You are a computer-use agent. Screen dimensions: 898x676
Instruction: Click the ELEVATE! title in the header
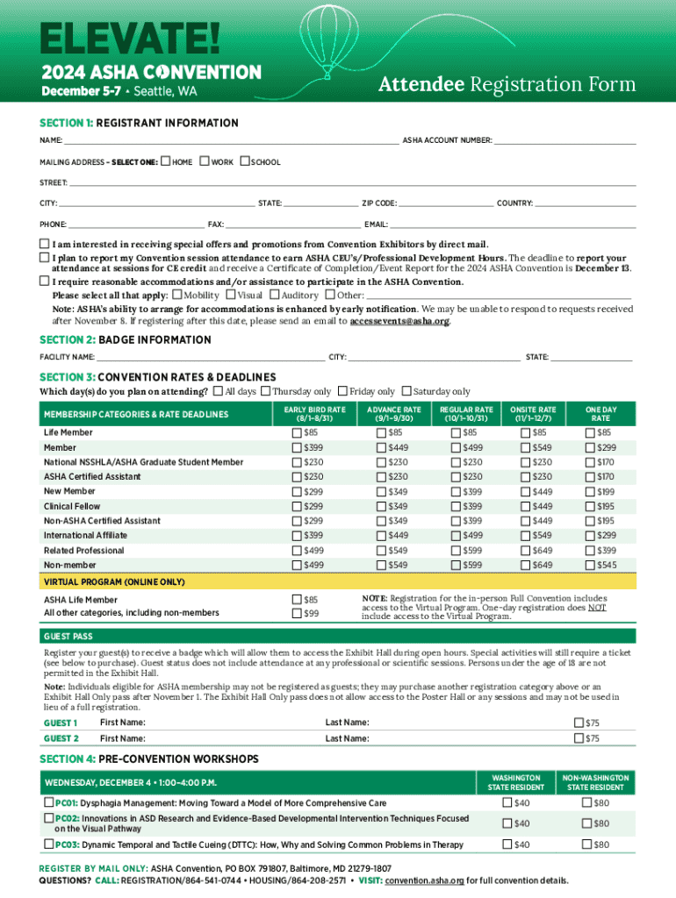(118, 38)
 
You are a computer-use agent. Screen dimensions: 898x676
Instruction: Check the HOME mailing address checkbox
(166, 162)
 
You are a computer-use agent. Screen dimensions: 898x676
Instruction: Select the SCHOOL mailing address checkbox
(246, 162)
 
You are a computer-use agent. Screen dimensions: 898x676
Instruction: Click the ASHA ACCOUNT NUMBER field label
(447, 140)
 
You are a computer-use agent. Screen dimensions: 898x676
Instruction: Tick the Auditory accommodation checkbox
(275, 296)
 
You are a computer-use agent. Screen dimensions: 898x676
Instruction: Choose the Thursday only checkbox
(266, 391)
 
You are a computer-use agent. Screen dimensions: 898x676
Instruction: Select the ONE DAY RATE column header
(601, 414)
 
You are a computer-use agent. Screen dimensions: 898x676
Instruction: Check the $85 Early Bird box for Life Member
(296, 432)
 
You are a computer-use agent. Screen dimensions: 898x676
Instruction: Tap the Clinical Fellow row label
(72, 506)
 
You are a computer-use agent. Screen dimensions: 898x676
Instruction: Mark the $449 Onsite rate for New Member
(525, 491)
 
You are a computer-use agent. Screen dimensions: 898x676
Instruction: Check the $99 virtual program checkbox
(296, 613)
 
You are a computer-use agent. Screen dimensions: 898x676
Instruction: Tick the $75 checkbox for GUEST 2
(578, 738)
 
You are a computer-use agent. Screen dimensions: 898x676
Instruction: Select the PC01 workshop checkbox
(48, 802)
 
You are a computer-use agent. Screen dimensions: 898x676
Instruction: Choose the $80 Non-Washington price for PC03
(586, 845)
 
